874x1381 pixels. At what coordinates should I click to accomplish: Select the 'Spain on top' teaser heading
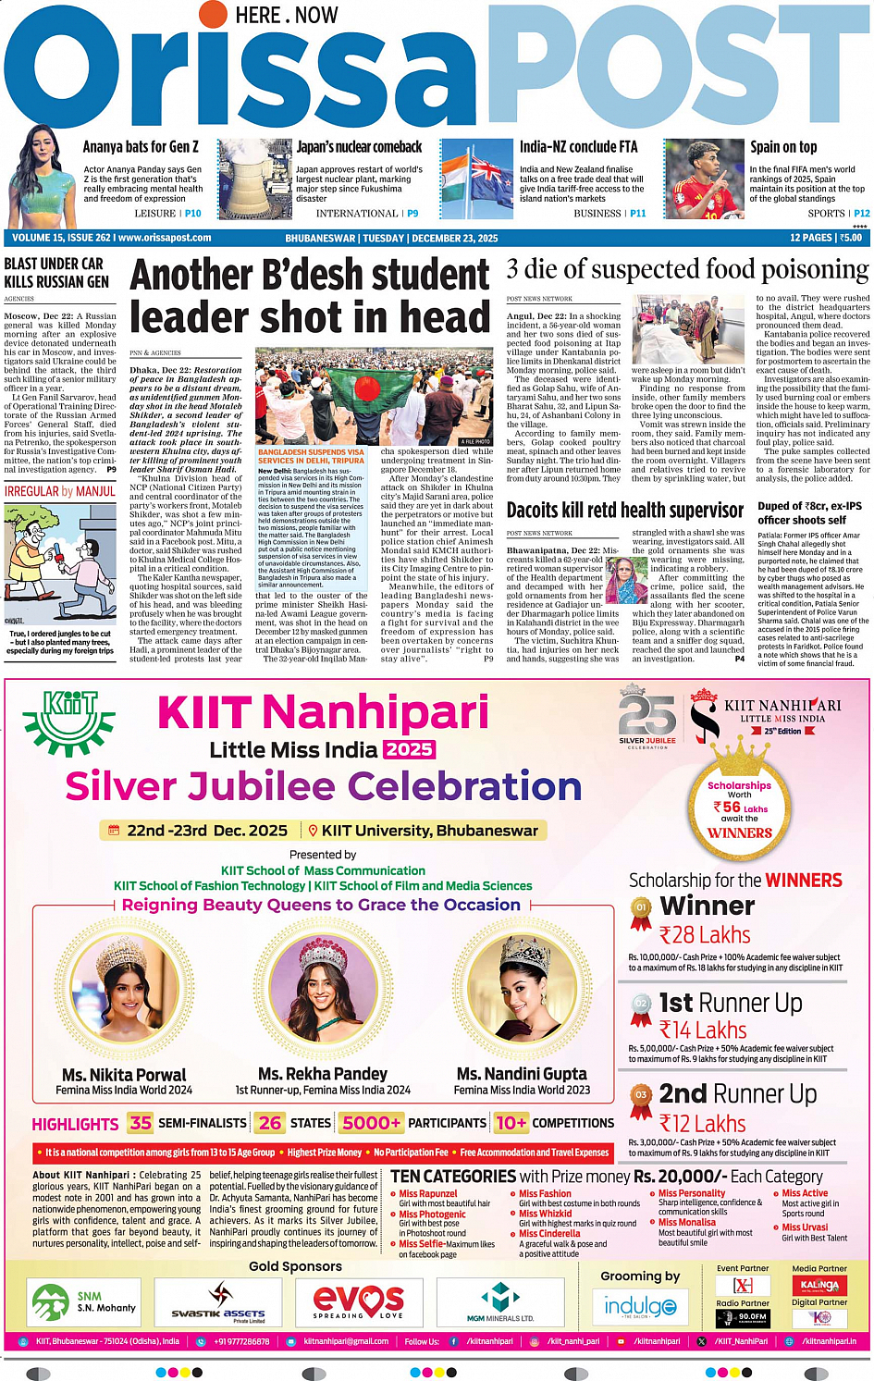click(x=782, y=147)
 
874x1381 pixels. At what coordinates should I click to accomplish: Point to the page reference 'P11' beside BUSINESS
click(x=638, y=214)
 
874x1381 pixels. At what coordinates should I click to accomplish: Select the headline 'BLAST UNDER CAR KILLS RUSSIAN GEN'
click(x=56, y=273)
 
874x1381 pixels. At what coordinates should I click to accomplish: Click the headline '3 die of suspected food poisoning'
click(x=687, y=270)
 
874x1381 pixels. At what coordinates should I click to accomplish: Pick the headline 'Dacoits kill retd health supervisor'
click(x=624, y=511)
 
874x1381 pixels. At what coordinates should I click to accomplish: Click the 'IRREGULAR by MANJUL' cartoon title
click(x=60, y=491)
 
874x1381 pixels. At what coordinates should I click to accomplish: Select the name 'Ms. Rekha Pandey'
click(x=323, y=1074)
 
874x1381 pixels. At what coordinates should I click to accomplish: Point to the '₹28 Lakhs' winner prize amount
click(x=705, y=935)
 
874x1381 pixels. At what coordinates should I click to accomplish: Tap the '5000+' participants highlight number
click(x=372, y=1123)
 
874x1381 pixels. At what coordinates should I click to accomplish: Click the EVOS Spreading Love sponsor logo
click(x=358, y=1301)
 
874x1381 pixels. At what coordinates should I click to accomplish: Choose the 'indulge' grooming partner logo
click(x=640, y=1306)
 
